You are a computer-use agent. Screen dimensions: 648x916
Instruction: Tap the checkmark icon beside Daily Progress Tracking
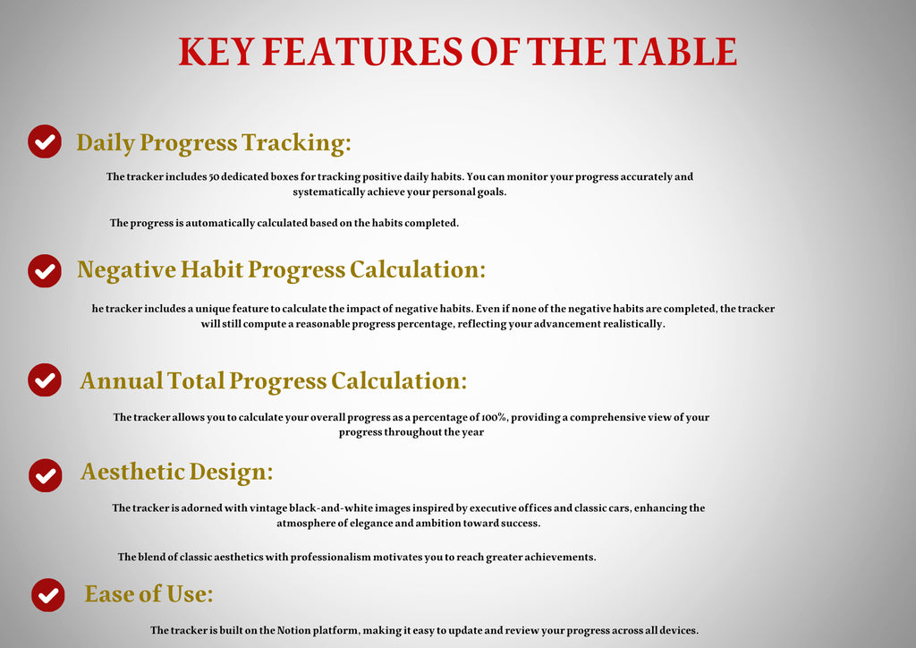45,141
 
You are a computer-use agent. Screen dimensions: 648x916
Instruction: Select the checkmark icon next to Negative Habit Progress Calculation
45,270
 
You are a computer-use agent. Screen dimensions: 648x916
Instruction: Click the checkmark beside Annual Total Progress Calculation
45,380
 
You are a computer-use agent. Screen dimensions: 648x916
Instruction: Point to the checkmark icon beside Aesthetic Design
46,474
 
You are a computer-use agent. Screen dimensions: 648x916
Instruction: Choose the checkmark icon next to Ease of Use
48,594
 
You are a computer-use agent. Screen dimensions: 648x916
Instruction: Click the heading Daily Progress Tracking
214,142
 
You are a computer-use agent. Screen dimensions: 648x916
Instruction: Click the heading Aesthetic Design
177,472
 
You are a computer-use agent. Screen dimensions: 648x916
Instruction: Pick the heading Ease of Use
148,593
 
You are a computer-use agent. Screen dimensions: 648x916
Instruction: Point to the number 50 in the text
214,176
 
